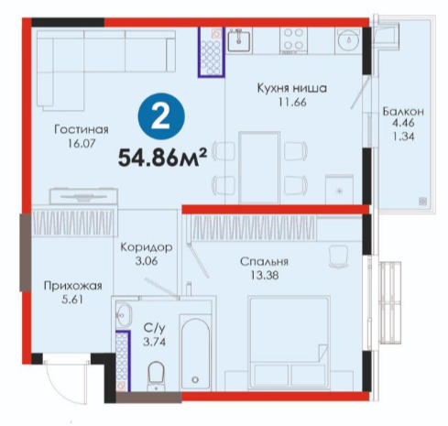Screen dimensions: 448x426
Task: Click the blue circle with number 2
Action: pos(161,116)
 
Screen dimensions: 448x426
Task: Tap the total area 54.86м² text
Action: pos(162,158)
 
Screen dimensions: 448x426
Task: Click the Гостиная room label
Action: pos(82,129)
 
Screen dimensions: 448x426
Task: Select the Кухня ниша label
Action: pos(292,88)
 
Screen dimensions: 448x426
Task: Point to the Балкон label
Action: pos(403,112)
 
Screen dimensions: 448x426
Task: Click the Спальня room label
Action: pos(264,262)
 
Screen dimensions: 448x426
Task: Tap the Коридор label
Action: pos(147,247)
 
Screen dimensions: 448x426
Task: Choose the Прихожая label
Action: pos(73,286)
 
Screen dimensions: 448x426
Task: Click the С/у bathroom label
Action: pos(155,328)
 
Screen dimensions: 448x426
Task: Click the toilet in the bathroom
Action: pos(156,376)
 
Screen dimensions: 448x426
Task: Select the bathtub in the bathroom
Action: pos(195,352)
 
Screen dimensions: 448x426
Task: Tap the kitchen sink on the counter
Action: pos(239,40)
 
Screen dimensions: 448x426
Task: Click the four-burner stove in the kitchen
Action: pos(294,39)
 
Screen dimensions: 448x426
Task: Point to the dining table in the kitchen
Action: pos(259,168)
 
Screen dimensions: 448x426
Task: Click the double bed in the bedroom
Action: pos(290,342)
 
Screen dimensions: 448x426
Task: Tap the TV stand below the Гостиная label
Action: pos(84,196)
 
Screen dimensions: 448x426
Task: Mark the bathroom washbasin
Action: pos(124,314)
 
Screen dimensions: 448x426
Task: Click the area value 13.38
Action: pos(265,276)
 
